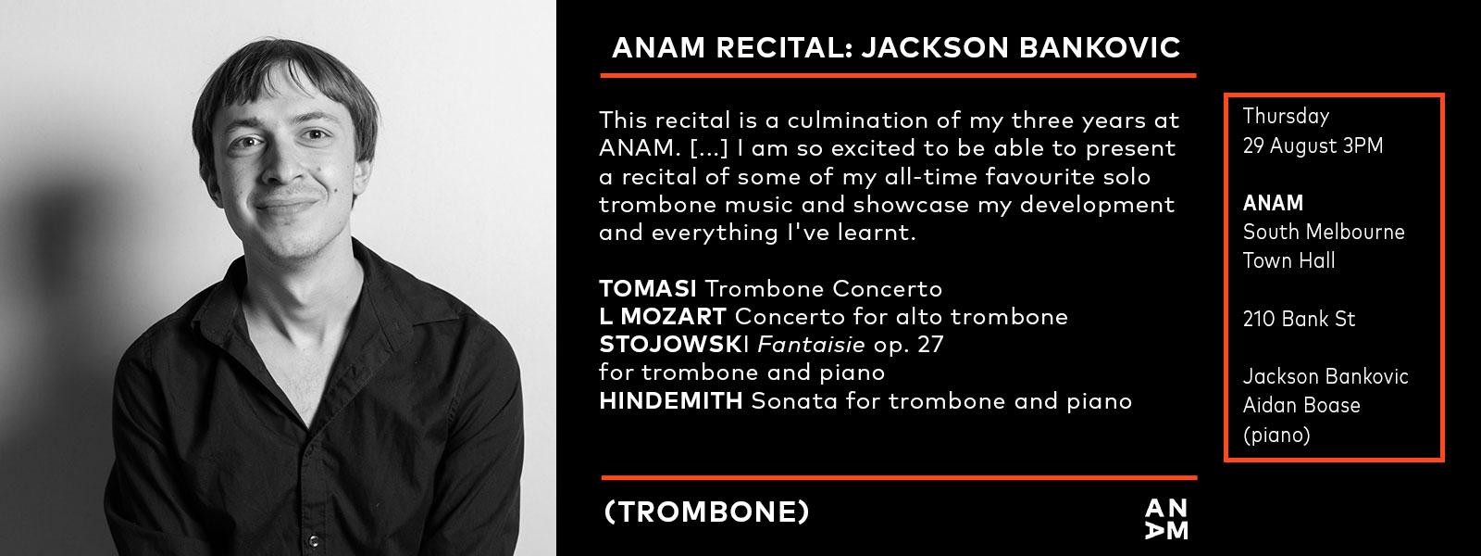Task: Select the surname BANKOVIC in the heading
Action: (x=1101, y=47)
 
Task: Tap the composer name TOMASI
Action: (x=648, y=288)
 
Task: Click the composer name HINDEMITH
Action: (x=671, y=400)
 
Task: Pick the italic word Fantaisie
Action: (x=811, y=344)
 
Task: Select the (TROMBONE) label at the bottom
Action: (x=707, y=512)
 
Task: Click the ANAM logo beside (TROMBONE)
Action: (x=1166, y=519)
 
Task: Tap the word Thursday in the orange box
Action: (x=1286, y=117)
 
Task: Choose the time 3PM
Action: (x=1363, y=145)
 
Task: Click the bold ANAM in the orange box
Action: (x=1273, y=203)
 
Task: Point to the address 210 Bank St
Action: (x=1299, y=319)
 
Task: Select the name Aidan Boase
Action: (x=1301, y=405)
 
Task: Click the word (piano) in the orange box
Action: (x=1276, y=435)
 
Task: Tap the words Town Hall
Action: (x=1288, y=260)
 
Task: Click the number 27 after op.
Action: (x=930, y=344)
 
